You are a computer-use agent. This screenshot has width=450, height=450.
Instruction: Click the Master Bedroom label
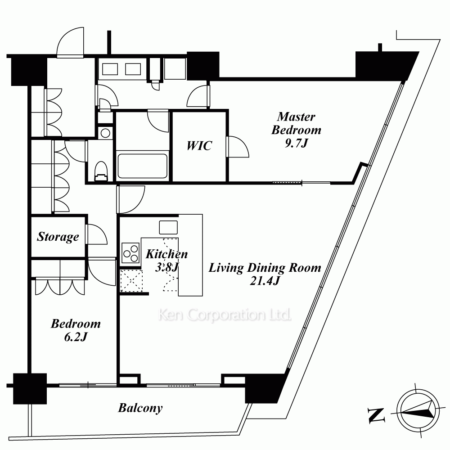click(296, 123)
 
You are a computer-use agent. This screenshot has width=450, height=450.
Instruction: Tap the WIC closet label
click(199, 146)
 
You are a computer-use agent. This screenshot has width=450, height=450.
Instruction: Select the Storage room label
click(58, 237)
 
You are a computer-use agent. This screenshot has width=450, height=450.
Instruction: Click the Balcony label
click(140, 408)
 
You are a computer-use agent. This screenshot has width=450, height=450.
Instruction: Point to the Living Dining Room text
click(265, 268)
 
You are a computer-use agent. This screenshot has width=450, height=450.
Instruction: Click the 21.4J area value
click(265, 281)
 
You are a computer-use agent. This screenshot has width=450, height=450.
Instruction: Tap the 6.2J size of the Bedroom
click(76, 337)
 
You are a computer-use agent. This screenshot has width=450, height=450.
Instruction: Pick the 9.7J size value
click(296, 143)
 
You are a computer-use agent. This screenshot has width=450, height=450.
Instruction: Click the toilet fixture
click(101, 171)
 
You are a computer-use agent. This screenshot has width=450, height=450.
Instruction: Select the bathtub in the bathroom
click(142, 166)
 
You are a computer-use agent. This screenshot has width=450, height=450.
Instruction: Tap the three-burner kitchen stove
click(130, 253)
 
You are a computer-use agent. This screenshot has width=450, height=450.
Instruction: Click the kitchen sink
click(168, 227)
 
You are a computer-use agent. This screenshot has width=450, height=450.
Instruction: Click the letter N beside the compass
click(376, 415)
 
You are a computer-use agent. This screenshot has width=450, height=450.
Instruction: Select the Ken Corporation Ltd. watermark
click(225, 315)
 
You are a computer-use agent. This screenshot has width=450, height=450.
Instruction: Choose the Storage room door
click(96, 234)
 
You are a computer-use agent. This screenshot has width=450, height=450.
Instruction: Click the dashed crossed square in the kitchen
click(131, 281)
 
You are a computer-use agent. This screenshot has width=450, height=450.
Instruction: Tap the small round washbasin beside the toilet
click(105, 133)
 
